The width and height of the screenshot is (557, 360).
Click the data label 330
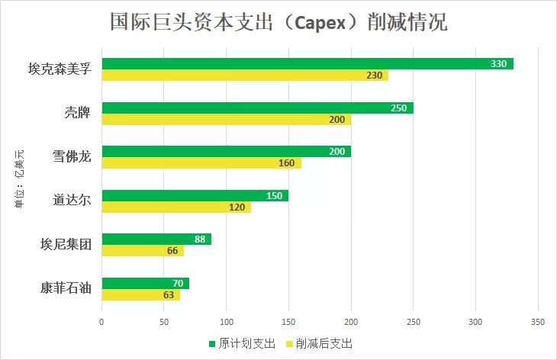point(498,64)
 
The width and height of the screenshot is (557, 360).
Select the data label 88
point(200,239)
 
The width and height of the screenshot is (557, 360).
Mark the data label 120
point(238,207)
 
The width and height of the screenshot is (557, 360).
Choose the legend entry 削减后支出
point(321,343)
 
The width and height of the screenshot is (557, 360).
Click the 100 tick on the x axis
point(227,322)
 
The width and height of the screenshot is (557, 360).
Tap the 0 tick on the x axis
point(101,322)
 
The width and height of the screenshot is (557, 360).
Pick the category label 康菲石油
point(66,289)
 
